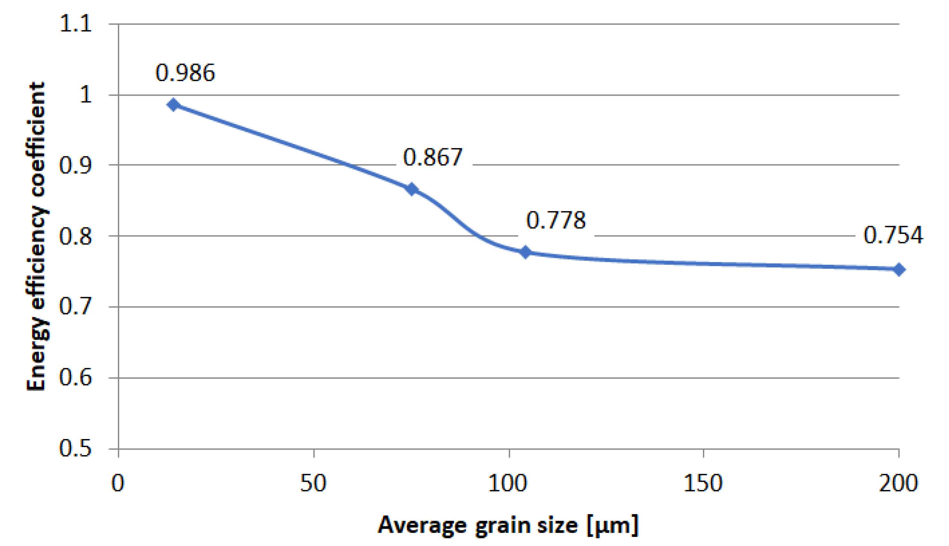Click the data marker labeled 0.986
coord(173,105)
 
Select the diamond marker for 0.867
coord(412,189)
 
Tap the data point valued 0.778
coord(526,252)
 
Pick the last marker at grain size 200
coord(899,269)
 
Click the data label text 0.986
coord(185,73)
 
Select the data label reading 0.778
coord(555,221)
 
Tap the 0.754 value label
coord(893,235)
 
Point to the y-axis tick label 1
coord(86,94)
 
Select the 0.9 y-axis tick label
coord(75,165)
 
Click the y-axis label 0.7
coord(75,306)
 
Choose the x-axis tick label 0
coord(118,483)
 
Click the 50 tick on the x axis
coord(313,483)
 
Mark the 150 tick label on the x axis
coord(703,483)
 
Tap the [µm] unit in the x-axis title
coord(612,526)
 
